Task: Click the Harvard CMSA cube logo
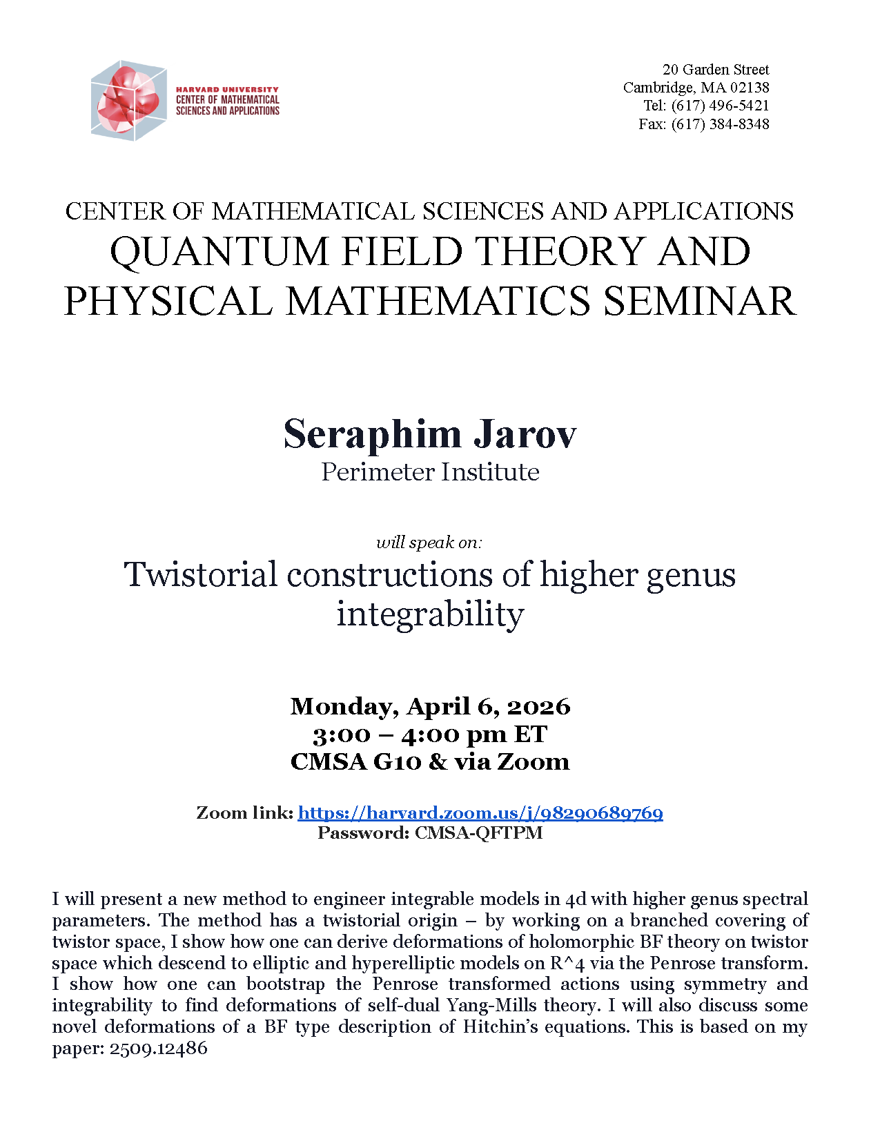point(128,100)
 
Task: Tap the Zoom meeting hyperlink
point(480,812)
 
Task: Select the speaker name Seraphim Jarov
point(429,434)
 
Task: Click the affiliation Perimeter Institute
point(430,472)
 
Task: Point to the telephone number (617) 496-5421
point(720,106)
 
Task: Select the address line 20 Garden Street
point(716,70)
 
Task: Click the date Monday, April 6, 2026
point(430,706)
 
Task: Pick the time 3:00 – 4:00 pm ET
point(430,734)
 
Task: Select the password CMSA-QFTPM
point(478,833)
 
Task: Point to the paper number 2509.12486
point(158,1048)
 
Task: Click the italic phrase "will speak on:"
point(429,543)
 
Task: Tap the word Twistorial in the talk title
point(201,574)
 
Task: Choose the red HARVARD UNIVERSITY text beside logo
point(227,90)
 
